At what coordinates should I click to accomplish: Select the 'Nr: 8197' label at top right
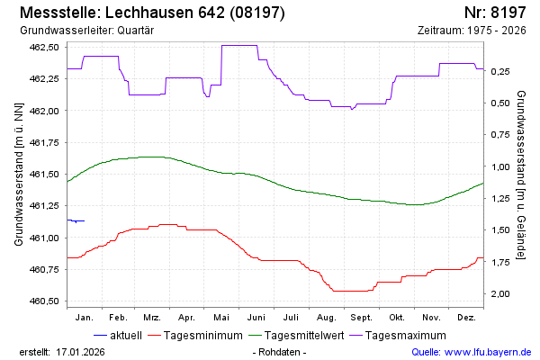[495, 13]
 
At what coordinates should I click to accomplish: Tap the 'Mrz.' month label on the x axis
[152, 318]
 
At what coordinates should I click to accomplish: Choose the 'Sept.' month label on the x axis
[361, 318]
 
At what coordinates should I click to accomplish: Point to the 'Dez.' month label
[466, 318]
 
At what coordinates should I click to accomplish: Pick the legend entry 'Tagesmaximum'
[404, 336]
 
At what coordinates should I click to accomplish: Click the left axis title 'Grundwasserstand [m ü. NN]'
[19, 175]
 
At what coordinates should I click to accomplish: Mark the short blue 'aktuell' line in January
[76, 220]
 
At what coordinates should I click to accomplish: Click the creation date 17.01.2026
[80, 352]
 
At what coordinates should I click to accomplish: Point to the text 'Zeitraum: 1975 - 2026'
[472, 31]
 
